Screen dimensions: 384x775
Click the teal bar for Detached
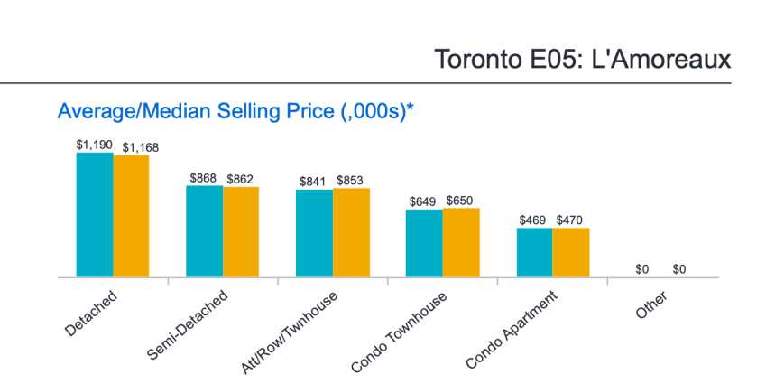[95, 215]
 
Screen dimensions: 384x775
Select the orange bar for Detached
[131, 217]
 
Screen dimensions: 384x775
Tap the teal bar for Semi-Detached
[205, 231]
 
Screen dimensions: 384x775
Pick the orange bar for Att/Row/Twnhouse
[351, 232]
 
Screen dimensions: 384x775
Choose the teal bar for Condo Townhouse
[424, 243]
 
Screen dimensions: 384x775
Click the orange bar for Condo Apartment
[570, 252]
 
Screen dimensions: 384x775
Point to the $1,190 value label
[95, 145]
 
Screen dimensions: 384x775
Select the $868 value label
[203, 178]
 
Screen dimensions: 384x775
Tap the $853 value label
[352, 181]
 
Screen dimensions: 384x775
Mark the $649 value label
[424, 201]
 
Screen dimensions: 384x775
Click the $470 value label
[571, 220]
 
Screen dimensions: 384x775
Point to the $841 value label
[313, 181]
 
